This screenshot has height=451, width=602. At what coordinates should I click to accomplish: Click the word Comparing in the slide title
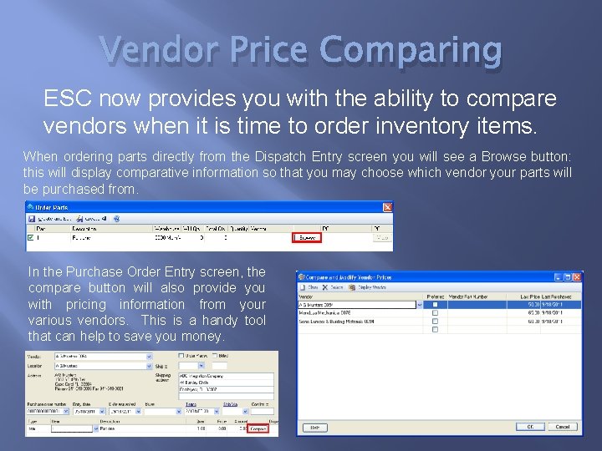pos(411,52)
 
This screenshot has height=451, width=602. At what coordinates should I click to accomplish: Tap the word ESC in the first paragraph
pos(67,99)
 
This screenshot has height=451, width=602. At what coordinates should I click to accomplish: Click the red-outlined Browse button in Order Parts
pos(305,238)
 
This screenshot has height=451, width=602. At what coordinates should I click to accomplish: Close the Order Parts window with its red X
pos(387,207)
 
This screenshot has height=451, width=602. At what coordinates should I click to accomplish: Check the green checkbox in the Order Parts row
pos(31,238)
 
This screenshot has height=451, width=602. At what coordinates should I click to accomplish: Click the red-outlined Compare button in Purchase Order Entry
pos(258,428)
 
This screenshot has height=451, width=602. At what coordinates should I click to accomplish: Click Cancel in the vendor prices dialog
pos(562,427)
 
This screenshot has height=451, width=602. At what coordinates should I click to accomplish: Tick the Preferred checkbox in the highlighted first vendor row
pos(435,306)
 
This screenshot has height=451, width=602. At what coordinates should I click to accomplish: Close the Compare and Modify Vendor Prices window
pos(576,276)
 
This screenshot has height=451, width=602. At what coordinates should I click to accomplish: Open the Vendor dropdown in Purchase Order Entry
pos(150,356)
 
